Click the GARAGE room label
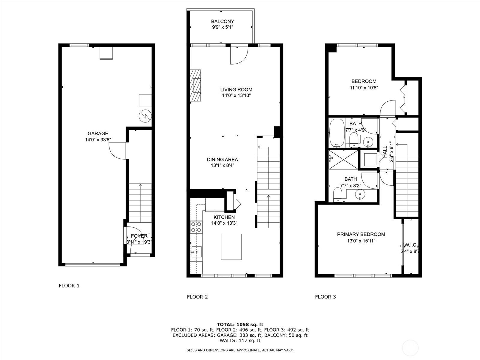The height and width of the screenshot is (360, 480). coord(98,133)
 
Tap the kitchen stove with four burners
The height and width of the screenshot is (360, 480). coord(196,227)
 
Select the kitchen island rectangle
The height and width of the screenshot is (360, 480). coord(231,247)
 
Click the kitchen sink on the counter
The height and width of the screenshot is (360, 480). coord(196,252)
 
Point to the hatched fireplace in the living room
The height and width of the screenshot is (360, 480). coord(195,85)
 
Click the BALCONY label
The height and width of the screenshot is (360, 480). coord(222,21)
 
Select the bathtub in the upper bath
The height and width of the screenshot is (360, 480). coord(337,133)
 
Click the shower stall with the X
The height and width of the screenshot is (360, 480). coord(343,160)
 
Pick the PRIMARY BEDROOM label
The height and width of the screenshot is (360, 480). coord(361,234)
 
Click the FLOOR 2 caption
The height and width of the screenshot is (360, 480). coord(197,297)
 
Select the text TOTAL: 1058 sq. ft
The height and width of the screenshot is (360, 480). coord(240,324)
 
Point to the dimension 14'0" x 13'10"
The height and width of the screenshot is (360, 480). coord(236,95)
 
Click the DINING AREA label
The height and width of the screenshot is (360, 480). coord(222,160)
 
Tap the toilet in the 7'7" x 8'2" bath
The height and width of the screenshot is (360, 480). coord(337,195)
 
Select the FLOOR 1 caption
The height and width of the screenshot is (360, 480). coord(69,286)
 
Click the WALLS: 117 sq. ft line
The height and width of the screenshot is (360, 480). coord(240,340)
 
